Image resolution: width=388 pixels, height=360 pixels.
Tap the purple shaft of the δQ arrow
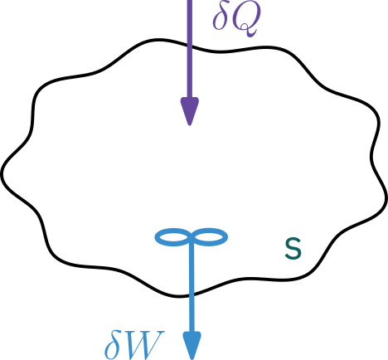point(190,49)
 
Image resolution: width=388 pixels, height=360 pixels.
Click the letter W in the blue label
point(146,345)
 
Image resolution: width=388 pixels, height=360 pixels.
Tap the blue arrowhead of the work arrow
point(192,346)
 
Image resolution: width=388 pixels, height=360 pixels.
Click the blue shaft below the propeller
point(192,288)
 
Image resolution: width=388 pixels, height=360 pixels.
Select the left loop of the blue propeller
point(172,237)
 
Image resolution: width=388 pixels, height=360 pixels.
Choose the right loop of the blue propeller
point(211,237)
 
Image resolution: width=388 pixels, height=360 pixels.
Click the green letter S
point(293,249)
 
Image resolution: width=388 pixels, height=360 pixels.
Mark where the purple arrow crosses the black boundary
point(190,46)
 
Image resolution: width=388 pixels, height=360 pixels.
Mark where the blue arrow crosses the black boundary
point(192,294)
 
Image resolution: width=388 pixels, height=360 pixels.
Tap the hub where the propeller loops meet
point(192,238)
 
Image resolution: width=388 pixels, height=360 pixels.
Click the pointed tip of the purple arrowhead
point(190,125)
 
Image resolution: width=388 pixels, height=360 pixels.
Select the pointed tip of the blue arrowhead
point(192,359)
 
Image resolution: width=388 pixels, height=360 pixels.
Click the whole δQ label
point(237,20)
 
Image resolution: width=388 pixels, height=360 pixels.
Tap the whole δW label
point(135,345)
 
